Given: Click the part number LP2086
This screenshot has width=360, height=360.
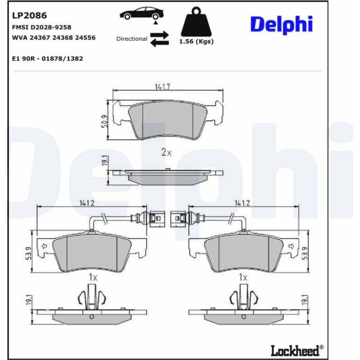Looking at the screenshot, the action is [x=29, y=15].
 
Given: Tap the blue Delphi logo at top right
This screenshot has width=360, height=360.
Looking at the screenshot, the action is [x=281, y=24].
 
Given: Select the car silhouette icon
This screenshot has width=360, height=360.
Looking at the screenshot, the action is [x=142, y=13].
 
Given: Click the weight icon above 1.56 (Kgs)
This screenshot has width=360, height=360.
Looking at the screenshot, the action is [x=196, y=22].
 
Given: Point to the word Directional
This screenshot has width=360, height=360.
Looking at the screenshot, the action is [x=132, y=39].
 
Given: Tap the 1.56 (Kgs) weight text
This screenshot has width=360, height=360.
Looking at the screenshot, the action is [x=196, y=42].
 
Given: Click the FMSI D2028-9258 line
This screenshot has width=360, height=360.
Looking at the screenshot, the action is [x=42, y=27].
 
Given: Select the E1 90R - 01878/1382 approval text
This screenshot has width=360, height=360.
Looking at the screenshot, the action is [x=48, y=58].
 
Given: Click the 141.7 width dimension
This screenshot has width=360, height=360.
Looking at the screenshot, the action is [x=162, y=87].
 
